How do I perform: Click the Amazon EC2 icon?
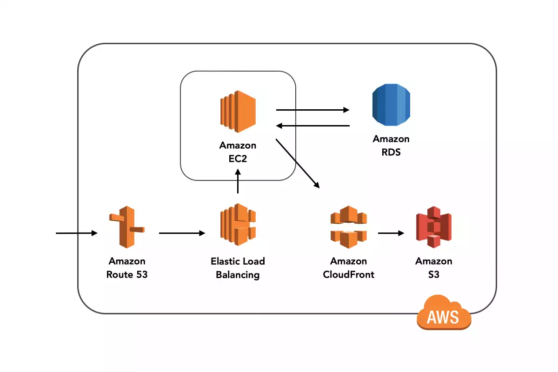238,110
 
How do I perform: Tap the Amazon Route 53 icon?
126,226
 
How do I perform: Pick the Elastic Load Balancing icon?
238,225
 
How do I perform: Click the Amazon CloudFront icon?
348,226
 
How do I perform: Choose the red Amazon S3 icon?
433,226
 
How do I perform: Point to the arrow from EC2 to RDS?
312,110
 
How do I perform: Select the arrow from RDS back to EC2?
312,126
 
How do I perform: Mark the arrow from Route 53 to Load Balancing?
182,232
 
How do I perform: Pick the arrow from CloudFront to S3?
391,232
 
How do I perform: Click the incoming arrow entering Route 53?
76,232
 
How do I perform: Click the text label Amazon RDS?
391,145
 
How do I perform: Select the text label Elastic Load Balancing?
238,268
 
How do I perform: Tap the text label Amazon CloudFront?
348,268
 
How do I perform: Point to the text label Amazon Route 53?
127,268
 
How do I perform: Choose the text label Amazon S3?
433,268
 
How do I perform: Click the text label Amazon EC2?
238,152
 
